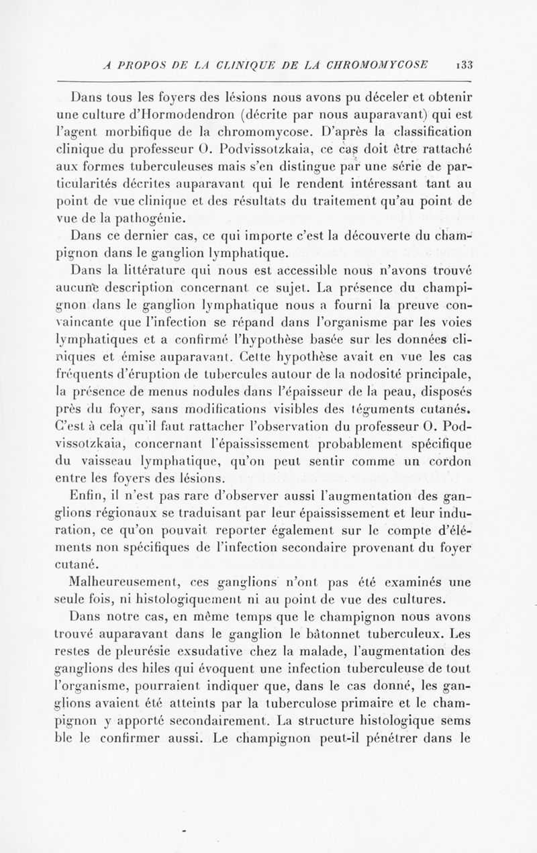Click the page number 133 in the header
tap(463, 66)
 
